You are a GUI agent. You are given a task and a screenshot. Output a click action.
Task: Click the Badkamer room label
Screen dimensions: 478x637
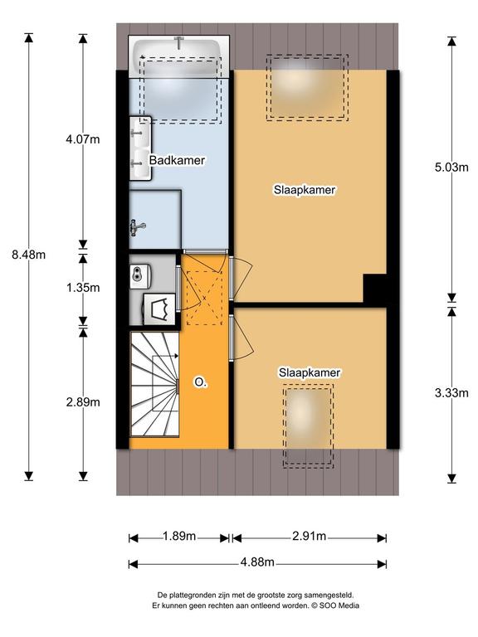(x=177, y=160)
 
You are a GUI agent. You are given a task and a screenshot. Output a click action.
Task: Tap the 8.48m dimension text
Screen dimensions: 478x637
(x=28, y=255)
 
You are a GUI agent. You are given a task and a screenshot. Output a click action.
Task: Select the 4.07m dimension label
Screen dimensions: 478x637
(x=83, y=139)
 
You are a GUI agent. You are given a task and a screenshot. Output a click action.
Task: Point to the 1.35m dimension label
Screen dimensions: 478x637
(x=83, y=288)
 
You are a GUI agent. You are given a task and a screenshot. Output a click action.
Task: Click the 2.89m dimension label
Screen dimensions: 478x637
(x=83, y=402)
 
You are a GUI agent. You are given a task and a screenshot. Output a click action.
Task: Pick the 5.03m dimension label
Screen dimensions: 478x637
(x=451, y=167)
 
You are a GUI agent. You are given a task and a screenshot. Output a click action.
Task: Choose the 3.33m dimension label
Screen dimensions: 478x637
(x=451, y=393)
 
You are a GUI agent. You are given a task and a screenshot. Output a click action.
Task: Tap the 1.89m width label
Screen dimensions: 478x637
(x=179, y=537)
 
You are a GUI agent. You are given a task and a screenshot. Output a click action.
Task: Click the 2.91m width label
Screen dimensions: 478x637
(x=309, y=537)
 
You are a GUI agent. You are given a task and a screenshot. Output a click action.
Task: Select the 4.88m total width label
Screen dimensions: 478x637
(x=257, y=562)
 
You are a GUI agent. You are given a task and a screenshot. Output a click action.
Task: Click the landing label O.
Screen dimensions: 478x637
(x=199, y=382)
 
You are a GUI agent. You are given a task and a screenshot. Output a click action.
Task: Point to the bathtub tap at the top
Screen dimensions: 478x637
(x=179, y=41)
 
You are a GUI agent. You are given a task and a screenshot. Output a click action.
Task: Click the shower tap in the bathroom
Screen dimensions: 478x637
(x=137, y=227)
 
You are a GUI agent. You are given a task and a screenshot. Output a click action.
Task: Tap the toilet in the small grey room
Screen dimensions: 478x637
(x=160, y=309)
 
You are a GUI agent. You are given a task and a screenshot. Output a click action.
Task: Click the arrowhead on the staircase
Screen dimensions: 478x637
(x=176, y=356)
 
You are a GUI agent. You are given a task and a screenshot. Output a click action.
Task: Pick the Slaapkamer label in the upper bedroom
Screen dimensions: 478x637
(x=305, y=190)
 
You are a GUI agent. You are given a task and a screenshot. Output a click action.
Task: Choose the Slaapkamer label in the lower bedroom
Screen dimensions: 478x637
(x=310, y=372)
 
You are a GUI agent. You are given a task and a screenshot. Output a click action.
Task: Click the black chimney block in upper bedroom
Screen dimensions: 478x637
(x=374, y=289)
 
